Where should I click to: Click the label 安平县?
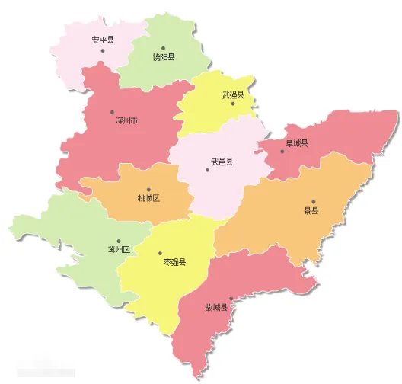click(102, 40)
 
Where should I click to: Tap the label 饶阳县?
click(164, 56)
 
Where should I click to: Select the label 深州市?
click(126, 120)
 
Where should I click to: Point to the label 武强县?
click(233, 94)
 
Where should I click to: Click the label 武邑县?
click(222, 162)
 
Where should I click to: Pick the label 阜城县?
click(297, 142)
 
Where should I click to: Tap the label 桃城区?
click(148, 199)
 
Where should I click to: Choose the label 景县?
click(312, 211)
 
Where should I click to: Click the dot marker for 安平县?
click(102, 50)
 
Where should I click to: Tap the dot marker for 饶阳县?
click(163, 47)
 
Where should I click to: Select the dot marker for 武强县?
click(233, 104)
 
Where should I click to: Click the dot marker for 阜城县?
click(282, 151)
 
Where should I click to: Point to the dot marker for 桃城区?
click(148, 190)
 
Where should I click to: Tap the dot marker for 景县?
click(312, 202)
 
